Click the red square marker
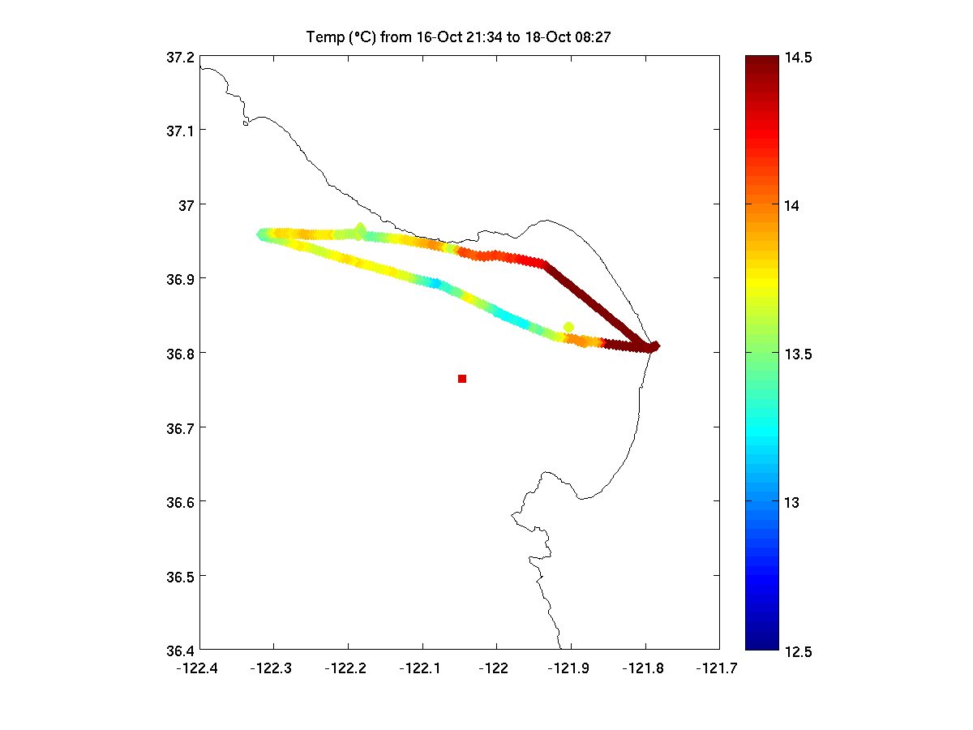click(462, 379)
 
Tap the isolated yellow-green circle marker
click(568, 327)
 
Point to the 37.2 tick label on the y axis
click(180, 58)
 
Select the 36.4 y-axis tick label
click(180, 651)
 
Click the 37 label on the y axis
click(186, 204)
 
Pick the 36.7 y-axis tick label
click(180, 427)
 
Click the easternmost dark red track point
click(655, 346)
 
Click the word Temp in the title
click(322, 37)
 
